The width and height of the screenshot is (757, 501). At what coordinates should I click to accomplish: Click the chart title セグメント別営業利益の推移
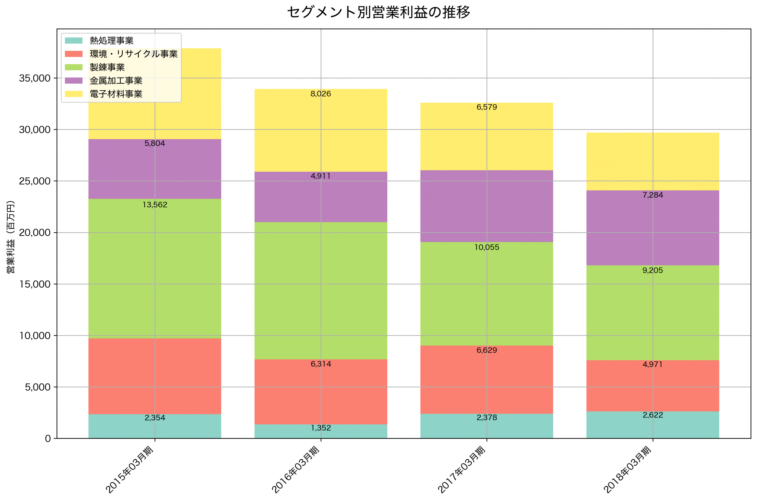(378, 12)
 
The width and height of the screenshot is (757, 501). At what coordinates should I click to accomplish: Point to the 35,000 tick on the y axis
(35, 78)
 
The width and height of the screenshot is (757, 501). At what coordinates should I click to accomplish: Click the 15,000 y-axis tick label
(35, 284)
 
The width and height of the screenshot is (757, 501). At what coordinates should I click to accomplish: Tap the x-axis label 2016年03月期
(295, 470)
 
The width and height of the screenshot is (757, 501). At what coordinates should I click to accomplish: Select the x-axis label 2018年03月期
(627, 470)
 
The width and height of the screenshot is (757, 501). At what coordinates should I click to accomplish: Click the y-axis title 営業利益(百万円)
(11, 237)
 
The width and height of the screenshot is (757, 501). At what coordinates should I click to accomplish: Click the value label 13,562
(155, 205)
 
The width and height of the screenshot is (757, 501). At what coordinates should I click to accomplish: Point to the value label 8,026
(321, 94)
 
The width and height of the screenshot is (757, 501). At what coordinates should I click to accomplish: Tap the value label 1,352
(321, 428)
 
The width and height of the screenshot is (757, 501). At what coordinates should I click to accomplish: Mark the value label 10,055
(487, 247)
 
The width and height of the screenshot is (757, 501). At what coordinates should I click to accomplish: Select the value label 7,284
(653, 195)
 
